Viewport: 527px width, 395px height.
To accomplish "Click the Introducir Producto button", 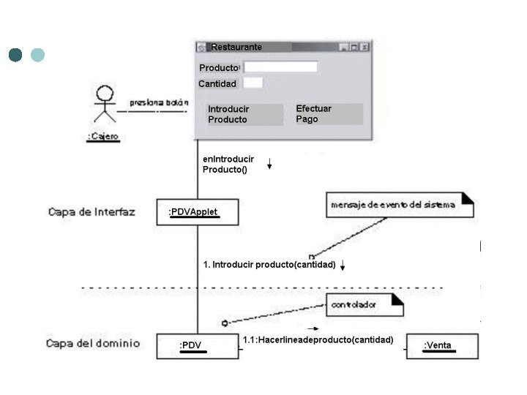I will pos(244,114).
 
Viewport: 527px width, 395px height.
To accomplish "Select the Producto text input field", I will pos(280,67).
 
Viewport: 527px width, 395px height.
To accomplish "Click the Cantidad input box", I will pos(253,83).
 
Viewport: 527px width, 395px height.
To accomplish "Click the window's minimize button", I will pos(344,47).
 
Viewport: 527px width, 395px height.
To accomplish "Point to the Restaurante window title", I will pos(236,47).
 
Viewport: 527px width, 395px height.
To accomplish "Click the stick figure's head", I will pos(106,94).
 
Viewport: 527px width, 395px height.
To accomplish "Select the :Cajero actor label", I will pos(103,136).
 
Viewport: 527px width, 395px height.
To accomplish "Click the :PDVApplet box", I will pos(197,212).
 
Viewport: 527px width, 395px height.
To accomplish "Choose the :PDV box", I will pos(197,345).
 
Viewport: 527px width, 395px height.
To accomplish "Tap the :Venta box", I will pos(441,345).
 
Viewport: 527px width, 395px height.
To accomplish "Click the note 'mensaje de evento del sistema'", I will pos(399,205).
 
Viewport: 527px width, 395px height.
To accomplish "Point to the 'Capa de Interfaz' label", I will pos(91,212).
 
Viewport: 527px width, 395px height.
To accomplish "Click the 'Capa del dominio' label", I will pos(93,342).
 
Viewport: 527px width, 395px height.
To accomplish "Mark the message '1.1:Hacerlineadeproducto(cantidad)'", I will pos(318,340).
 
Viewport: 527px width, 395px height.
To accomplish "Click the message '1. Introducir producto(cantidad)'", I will pos(269,264).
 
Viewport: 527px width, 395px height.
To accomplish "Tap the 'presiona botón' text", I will pos(159,103).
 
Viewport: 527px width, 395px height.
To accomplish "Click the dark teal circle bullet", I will pos(15,55).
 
